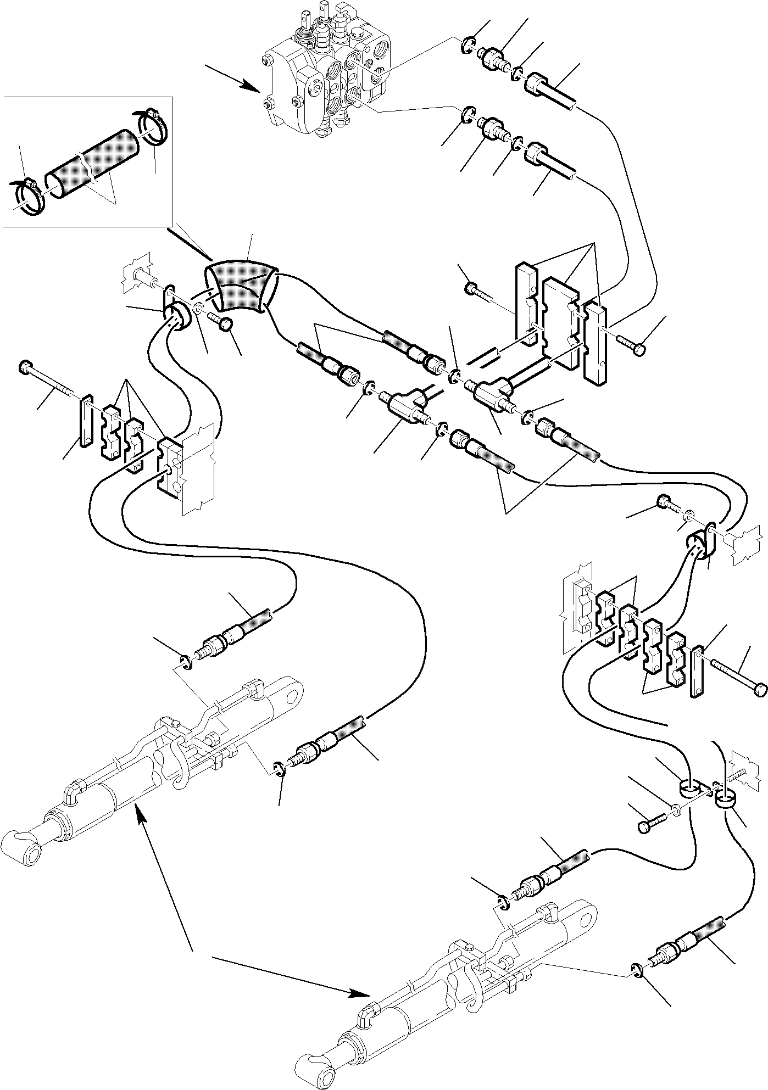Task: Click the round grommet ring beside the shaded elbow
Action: tap(177, 317)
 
